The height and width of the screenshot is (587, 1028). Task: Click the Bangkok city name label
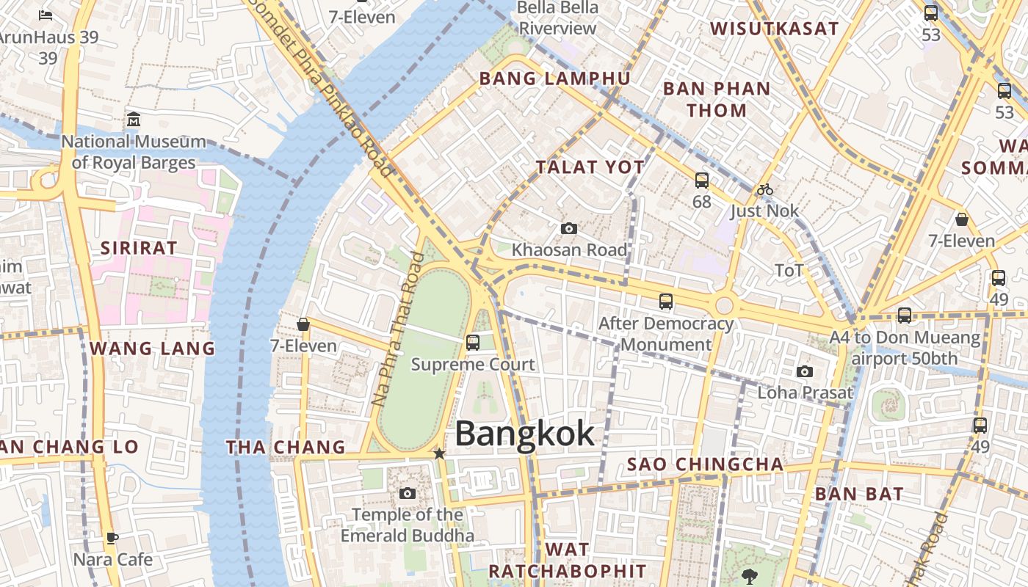pos(524,434)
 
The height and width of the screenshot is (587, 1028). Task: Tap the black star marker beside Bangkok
pos(439,454)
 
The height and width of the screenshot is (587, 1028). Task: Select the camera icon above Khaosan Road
pos(568,229)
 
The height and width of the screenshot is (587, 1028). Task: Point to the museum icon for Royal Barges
pos(134,120)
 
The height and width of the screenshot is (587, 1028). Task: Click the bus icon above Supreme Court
pos(473,342)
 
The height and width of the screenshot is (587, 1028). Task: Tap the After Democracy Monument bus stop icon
pos(666,301)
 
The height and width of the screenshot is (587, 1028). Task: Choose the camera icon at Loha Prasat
pos(805,372)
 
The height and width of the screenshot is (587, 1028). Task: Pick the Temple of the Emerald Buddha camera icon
pos(408,493)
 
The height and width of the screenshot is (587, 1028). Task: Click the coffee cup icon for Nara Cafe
pos(112,539)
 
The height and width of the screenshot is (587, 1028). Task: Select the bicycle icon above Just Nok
pos(765,189)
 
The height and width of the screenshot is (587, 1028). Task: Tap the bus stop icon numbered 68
pos(702,180)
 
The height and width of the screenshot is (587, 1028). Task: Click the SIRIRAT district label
pos(139,248)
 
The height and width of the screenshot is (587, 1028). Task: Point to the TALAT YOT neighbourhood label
pos(590,167)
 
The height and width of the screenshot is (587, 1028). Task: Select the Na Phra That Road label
pos(398,329)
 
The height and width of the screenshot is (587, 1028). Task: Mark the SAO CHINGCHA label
pos(705,464)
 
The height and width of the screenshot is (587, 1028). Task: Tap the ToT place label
pos(789,271)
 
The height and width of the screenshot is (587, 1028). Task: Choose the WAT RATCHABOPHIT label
pos(568,561)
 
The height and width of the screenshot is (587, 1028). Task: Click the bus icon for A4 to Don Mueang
pos(905,316)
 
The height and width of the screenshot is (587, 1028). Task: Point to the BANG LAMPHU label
pos(554,79)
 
